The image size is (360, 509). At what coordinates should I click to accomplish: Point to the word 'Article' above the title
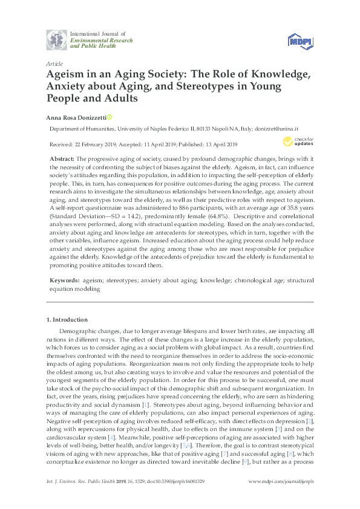[54, 63]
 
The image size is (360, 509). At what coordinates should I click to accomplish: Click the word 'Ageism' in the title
[67, 75]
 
